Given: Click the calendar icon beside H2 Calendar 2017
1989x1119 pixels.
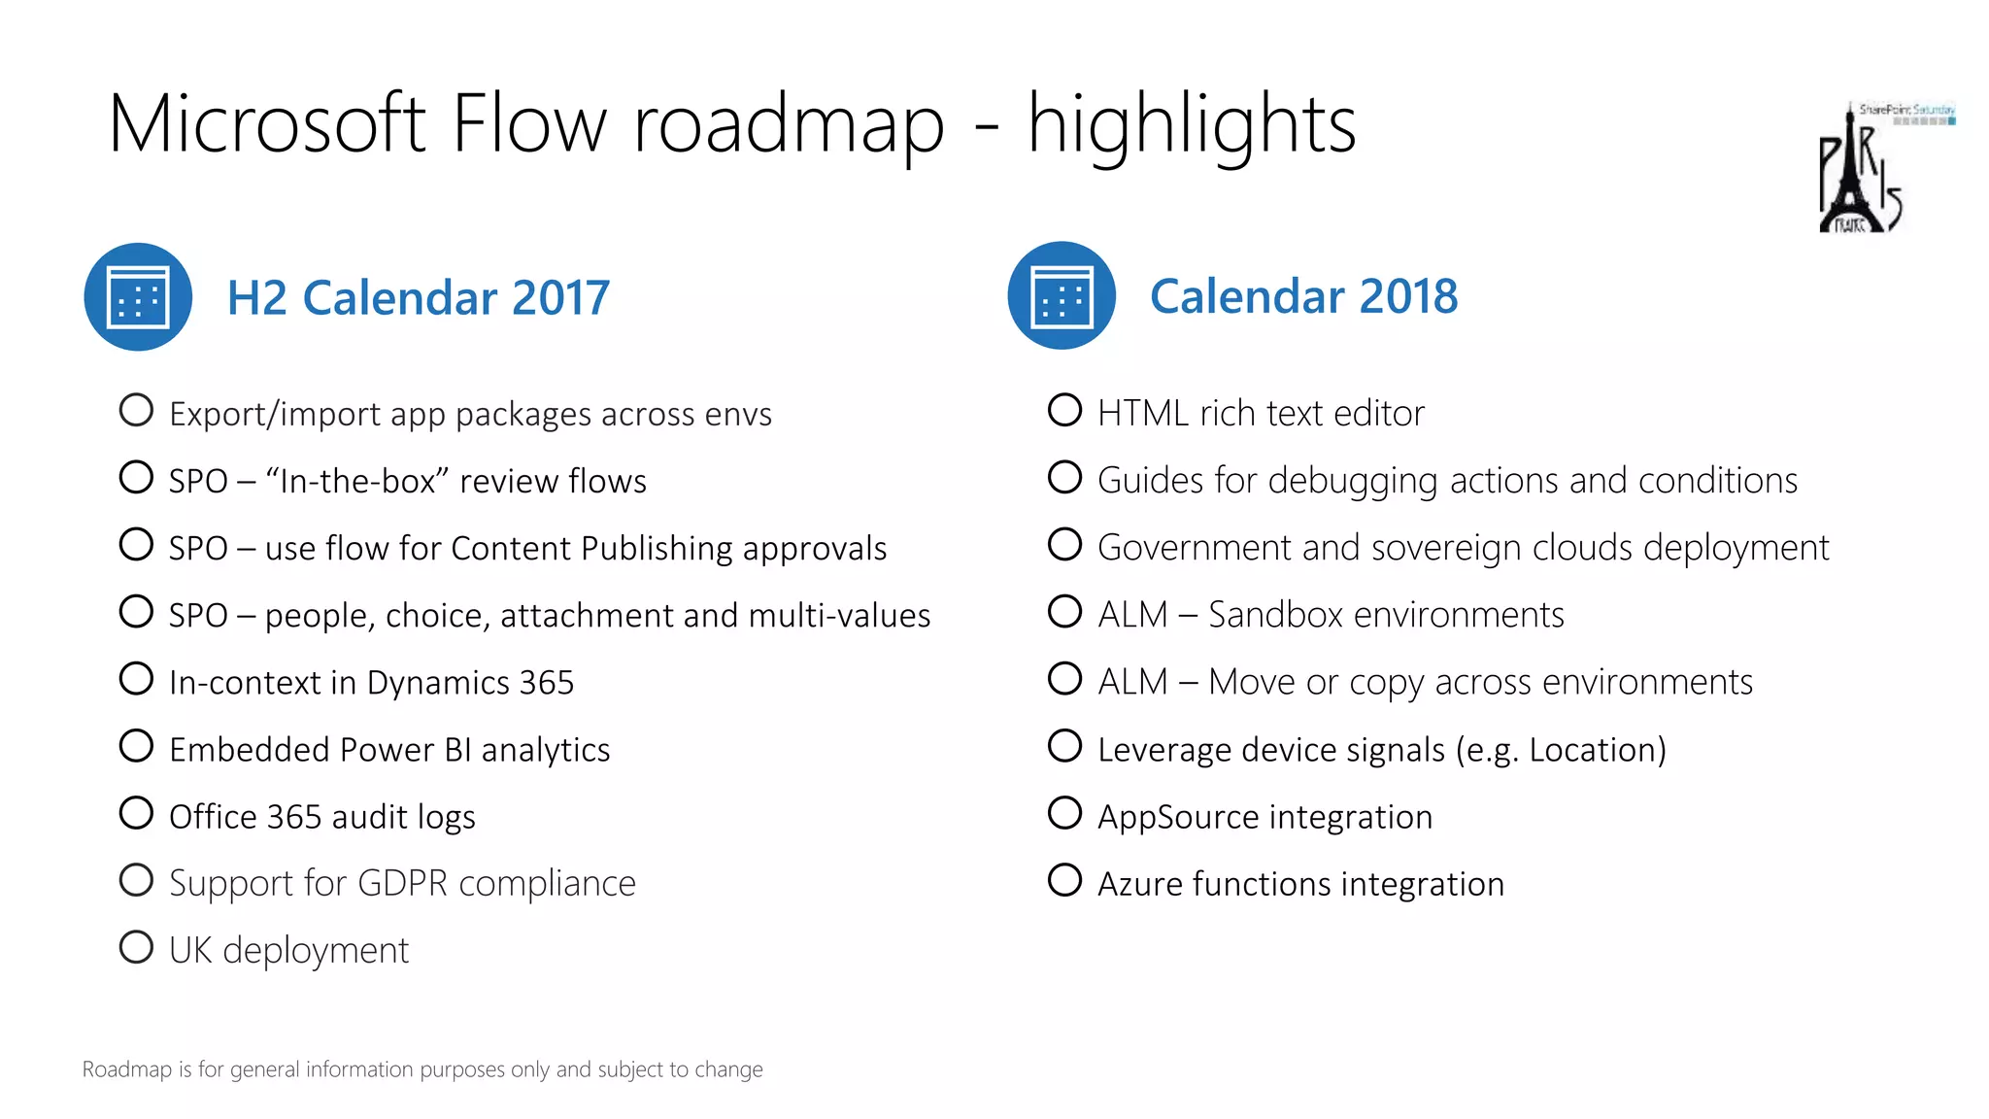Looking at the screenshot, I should (138, 297).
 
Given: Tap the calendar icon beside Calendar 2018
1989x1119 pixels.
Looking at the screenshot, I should (1062, 296).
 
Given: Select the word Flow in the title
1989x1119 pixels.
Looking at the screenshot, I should (529, 124).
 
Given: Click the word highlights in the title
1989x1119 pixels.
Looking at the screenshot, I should (1192, 124).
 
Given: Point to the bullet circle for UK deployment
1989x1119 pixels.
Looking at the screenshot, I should (136, 947).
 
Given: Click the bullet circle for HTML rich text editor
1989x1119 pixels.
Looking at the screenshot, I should (1064, 410).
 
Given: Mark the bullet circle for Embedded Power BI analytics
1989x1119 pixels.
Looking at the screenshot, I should (136, 746).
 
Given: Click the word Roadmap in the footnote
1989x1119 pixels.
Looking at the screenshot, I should (126, 1069).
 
